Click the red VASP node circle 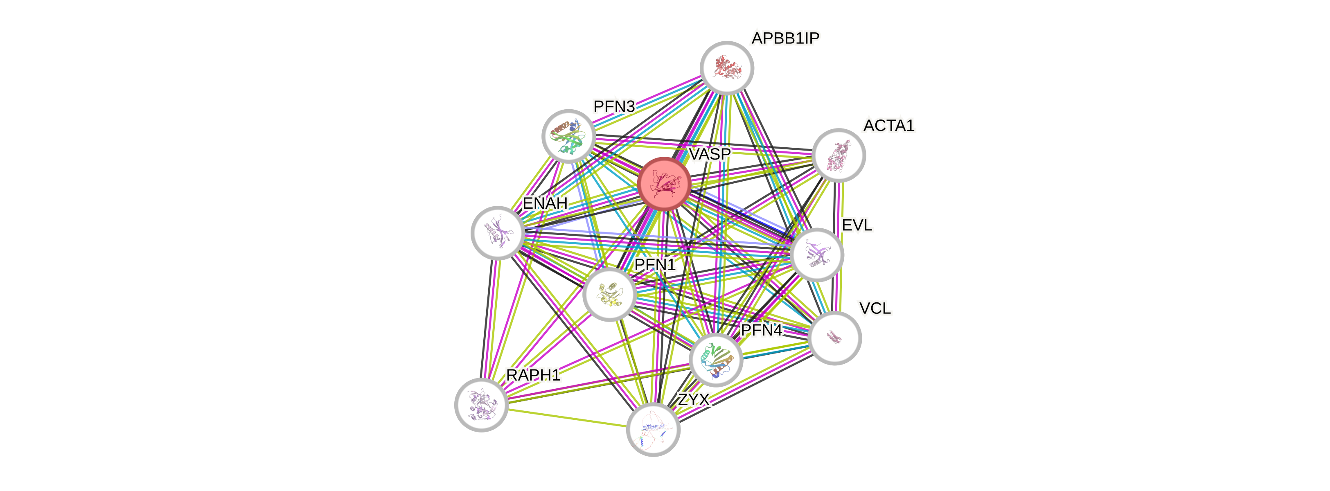tap(663, 184)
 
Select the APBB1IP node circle tap(727, 68)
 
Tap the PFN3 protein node tap(568, 136)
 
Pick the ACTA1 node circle tap(839, 155)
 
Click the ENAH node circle tap(498, 233)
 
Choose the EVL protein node tap(817, 255)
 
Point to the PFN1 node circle tap(609, 294)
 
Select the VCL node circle tap(834, 338)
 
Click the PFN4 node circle tap(716, 360)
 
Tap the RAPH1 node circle tap(481, 404)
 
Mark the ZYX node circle tap(653, 429)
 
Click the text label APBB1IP tap(785, 38)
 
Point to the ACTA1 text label tap(888, 126)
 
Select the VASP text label tap(710, 154)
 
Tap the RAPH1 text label tap(533, 375)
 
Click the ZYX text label tap(693, 399)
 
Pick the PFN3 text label tap(614, 106)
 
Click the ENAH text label tap(545, 203)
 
